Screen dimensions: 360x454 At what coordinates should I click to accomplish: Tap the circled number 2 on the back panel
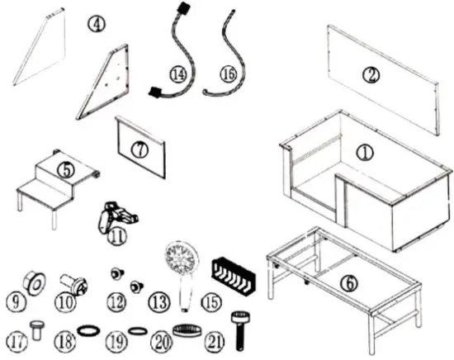[373, 73]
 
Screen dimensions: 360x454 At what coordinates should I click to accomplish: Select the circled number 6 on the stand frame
[351, 282]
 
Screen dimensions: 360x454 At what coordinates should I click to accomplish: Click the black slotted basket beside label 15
[233, 275]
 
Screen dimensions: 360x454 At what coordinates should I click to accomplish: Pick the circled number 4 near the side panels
[97, 24]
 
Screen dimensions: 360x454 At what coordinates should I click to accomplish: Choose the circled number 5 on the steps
[67, 168]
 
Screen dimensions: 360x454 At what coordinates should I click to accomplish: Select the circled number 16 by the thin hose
[229, 75]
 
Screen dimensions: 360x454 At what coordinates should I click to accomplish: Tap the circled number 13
[158, 303]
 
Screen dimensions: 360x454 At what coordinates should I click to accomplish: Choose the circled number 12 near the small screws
[116, 303]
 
